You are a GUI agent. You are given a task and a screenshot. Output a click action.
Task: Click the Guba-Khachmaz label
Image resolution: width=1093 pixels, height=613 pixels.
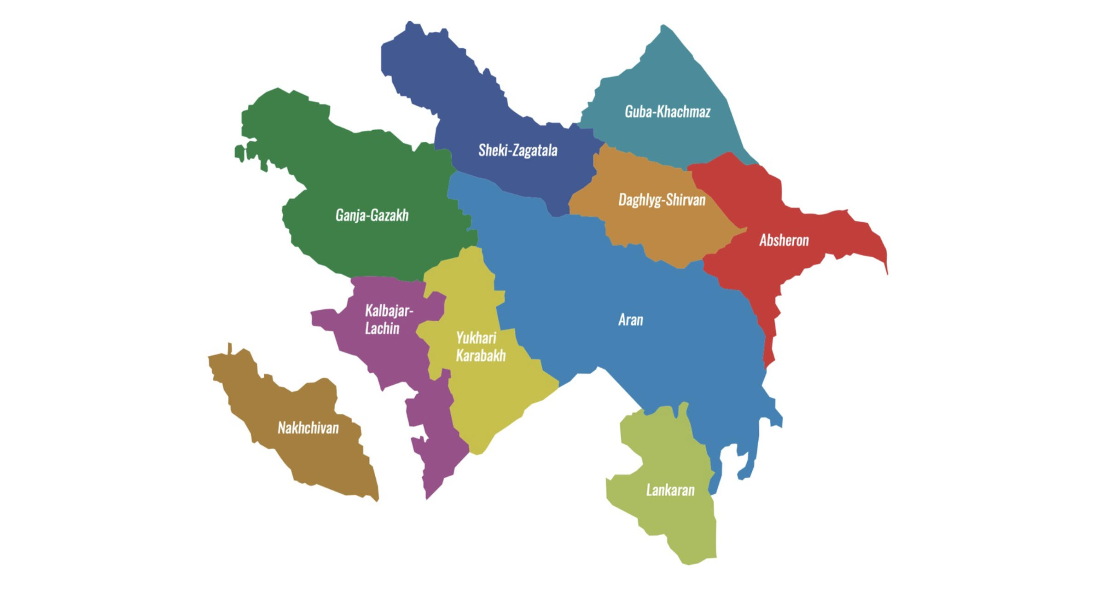pos(667,112)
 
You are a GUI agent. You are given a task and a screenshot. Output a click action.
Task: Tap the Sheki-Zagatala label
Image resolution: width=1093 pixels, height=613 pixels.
pos(517,150)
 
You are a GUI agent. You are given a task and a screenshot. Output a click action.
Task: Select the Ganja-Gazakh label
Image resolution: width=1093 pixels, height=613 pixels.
pos(372,215)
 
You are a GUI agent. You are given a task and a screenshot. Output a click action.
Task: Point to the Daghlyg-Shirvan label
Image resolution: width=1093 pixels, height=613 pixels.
pos(662,200)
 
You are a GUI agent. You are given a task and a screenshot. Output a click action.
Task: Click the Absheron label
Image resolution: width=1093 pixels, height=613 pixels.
pos(784,240)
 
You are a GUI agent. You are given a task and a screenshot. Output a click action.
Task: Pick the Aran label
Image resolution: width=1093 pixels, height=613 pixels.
pos(630,320)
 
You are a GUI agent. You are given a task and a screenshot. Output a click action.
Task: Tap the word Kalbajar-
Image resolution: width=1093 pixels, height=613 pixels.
pos(389,311)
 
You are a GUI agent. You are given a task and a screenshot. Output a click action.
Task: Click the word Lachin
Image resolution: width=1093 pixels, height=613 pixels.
pos(382,329)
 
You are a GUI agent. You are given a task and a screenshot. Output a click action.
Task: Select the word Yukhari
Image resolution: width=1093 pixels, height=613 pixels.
pos(476,338)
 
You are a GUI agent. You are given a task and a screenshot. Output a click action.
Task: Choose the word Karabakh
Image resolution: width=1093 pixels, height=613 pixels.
pos(481,356)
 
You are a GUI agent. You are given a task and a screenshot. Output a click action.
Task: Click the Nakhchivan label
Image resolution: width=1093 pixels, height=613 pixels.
pos(308,428)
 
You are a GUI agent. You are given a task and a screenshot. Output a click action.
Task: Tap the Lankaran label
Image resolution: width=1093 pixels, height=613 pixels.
pos(670,491)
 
